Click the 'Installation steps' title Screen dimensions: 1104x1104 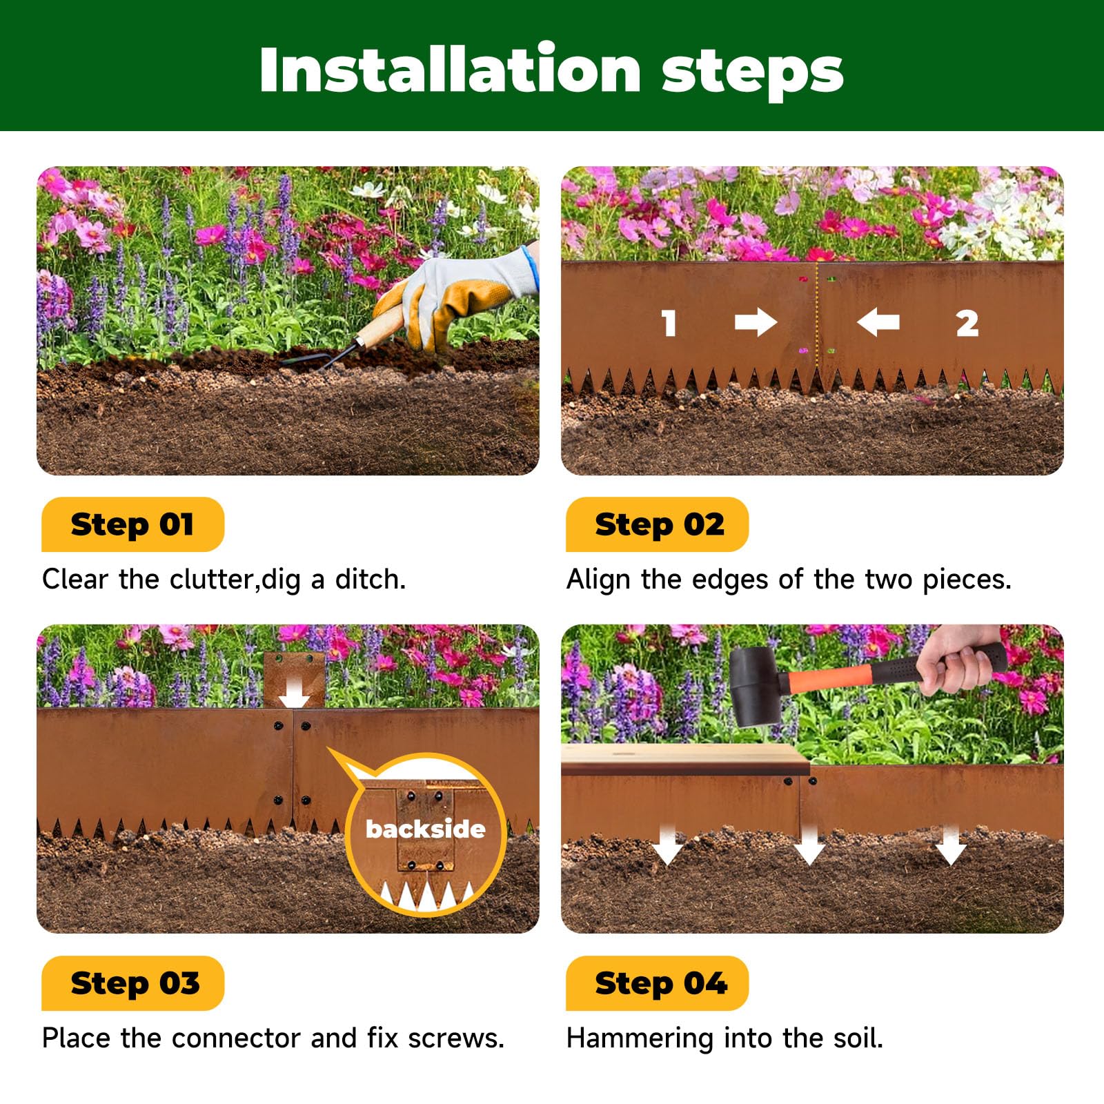(x=551, y=70)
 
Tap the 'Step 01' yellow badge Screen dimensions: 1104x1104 (x=132, y=524)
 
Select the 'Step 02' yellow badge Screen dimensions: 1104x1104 (x=657, y=524)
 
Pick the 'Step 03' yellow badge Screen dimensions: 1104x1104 (x=132, y=983)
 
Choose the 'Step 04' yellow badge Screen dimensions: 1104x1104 (x=657, y=983)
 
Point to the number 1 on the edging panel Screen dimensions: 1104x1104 (x=669, y=323)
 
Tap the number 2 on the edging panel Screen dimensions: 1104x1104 (x=967, y=323)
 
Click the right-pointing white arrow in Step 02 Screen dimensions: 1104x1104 (x=756, y=322)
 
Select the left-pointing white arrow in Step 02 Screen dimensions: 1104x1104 (x=878, y=322)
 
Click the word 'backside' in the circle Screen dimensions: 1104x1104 (x=425, y=829)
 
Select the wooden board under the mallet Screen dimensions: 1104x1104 (x=685, y=759)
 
